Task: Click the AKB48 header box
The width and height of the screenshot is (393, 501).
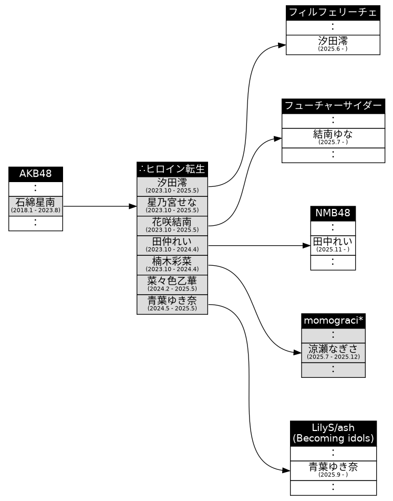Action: pos(35,174)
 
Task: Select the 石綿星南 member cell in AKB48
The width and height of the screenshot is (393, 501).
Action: pos(35,206)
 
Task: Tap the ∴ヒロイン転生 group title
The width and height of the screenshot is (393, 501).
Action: pos(172,169)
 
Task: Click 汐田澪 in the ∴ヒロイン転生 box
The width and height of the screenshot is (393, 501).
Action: pos(172,187)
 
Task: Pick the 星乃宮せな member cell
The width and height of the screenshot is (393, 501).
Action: pos(172,206)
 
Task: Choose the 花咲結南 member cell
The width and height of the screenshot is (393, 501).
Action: pos(172,226)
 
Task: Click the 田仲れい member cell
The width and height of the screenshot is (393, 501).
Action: pos(172,245)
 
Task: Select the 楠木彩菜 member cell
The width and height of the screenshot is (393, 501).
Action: pos(172,265)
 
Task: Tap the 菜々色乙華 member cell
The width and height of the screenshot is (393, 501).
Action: pos(172,285)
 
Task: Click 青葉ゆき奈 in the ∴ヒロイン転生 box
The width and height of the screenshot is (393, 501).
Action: pos(172,305)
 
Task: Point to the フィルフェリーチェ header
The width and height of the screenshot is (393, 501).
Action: pos(333,13)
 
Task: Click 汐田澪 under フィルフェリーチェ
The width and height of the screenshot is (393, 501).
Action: pos(333,45)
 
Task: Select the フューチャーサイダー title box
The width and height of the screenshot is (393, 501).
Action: pos(333,106)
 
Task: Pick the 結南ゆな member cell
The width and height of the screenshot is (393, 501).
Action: pos(333,138)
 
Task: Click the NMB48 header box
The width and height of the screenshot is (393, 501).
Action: pos(333,214)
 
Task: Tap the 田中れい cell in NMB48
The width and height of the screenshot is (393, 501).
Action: pos(333,245)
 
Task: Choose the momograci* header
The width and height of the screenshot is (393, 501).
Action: pos(333,321)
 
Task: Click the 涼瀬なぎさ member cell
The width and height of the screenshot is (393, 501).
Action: pos(333,353)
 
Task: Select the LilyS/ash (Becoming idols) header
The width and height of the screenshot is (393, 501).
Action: pos(333,434)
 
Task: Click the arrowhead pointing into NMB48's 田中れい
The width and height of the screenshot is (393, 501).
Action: pos(306,245)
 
